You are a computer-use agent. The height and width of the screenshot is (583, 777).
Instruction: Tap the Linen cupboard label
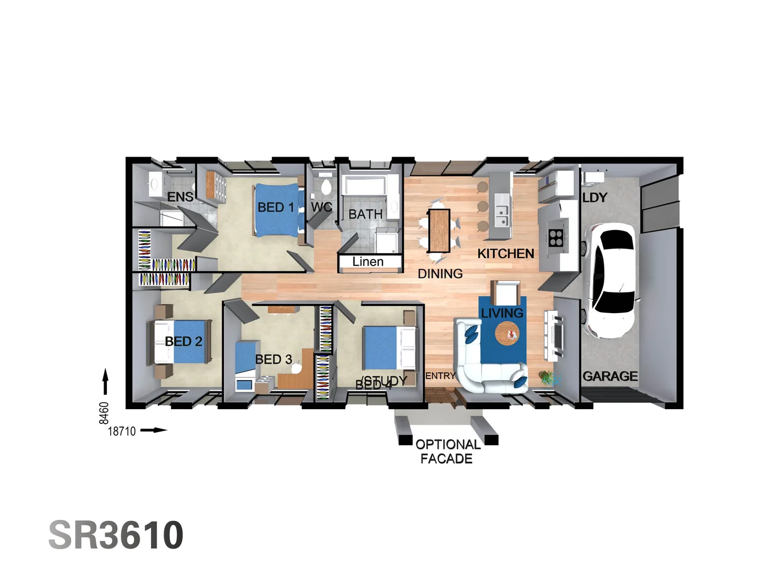368,262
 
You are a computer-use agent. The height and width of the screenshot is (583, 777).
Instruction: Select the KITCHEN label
506,253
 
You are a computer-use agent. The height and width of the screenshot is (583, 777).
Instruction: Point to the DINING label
440,274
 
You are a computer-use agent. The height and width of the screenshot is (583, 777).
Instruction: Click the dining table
439,230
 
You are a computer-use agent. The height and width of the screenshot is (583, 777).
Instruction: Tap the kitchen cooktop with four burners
556,238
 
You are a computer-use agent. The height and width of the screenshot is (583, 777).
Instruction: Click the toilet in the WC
325,187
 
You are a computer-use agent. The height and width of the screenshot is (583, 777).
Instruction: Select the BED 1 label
276,207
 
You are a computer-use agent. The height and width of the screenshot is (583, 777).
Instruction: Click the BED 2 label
183,341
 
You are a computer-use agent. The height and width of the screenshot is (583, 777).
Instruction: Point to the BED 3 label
274,359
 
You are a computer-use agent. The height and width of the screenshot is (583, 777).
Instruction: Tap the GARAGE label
610,376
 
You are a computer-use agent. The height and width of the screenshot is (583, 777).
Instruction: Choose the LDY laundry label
595,198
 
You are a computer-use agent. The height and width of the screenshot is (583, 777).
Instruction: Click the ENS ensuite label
180,197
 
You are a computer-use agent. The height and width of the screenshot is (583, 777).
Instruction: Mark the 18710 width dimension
122,431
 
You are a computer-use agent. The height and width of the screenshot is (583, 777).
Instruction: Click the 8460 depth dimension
104,413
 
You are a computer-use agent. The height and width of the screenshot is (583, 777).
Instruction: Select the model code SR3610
116,535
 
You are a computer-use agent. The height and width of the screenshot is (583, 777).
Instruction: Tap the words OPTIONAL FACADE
447,451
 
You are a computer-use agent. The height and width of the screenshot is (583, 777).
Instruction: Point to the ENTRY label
440,376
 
